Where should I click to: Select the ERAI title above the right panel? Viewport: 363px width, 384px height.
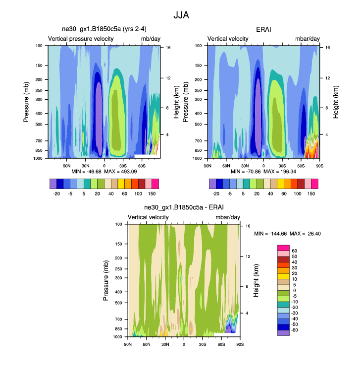263,30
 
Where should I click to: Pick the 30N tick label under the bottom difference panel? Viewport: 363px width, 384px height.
165,344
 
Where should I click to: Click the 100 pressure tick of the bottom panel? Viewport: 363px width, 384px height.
119,224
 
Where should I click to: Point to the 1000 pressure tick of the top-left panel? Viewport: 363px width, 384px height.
39,158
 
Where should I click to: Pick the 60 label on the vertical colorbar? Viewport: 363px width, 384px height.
294,251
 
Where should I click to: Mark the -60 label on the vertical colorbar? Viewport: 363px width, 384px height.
294,330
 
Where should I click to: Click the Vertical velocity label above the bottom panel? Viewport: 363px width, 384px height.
149,217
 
